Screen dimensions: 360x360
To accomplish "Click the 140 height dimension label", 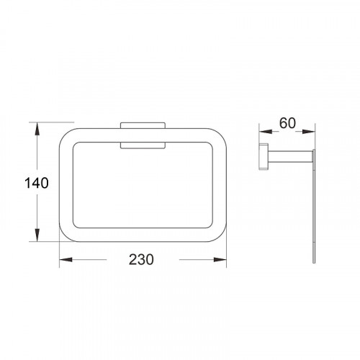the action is click(37, 183).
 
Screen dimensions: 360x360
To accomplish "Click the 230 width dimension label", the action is click(141, 259).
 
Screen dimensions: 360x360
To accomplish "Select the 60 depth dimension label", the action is click(287, 123).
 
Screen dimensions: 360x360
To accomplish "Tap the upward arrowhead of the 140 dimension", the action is click(37, 129).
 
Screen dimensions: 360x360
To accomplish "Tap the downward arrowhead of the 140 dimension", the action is click(37, 235).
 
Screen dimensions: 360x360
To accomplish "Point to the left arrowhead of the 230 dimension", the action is click(66, 259).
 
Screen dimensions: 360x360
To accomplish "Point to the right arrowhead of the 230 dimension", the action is click(220, 259).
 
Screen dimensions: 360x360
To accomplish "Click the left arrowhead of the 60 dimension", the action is click(266, 132).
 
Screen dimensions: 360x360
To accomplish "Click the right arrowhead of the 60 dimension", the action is click(308, 132).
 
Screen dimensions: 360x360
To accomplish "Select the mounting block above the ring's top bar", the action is click(143, 125).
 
